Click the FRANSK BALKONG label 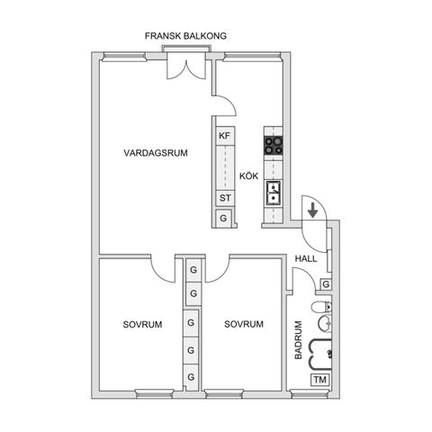[185, 36]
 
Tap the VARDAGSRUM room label [156, 154]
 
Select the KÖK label [249, 175]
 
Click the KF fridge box [224, 136]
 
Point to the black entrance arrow [311, 211]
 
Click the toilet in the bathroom [320, 310]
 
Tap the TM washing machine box [319, 380]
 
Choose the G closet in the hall [326, 284]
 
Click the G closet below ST [223, 219]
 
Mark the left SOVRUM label [143, 324]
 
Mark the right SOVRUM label [244, 324]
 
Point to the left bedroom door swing [163, 268]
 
